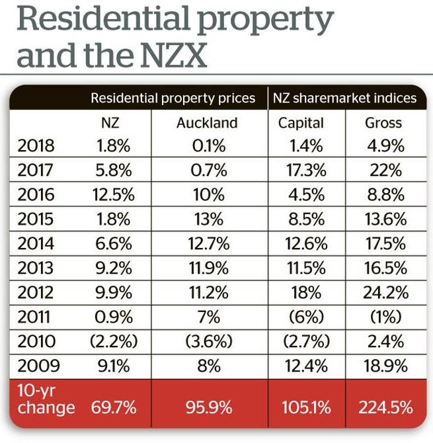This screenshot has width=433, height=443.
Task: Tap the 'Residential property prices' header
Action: pos(173,98)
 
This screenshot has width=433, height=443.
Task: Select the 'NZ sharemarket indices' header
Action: pos(344,98)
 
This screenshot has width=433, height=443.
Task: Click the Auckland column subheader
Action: pos(208,123)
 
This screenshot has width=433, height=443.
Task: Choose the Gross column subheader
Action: pos(383,123)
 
